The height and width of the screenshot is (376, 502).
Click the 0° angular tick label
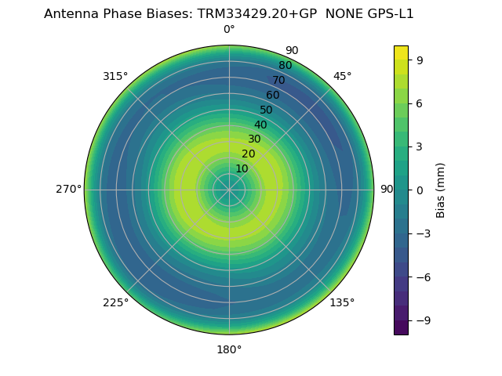click(229, 30)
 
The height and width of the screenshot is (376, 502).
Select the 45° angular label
click(342, 76)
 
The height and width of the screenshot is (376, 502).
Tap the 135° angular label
click(342, 302)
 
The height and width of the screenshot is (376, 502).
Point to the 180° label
click(229, 349)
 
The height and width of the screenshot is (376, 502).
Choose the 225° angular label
click(115, 302)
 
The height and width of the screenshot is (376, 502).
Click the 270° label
click(68, 190)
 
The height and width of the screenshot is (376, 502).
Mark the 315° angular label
click(115, 76)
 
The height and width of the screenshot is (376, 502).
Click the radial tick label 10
click(242, 169)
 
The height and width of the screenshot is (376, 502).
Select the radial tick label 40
click(260, 125)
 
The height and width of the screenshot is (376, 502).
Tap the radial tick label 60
click(272, 95)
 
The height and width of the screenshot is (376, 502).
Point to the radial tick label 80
click(285, 65)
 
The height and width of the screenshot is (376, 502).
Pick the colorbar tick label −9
click(423, 320)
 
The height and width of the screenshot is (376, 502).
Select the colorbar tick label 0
click(420, 190)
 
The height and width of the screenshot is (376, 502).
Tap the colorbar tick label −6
click(423, 277)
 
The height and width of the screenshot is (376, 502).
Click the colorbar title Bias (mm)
click(441, 190)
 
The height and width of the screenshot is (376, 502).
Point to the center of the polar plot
click(229, 190)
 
